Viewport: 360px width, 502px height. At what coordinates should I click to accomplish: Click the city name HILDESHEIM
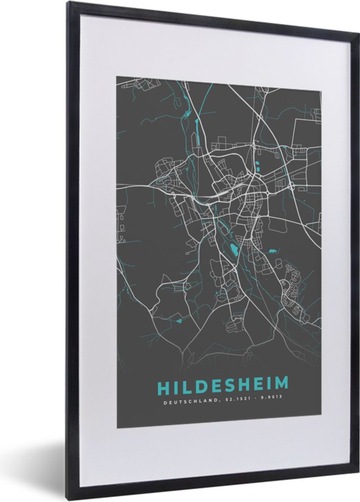pyautogui.click(x=223, y=386)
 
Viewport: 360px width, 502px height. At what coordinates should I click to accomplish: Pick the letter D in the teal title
pyautogui.click(x=201, y=386)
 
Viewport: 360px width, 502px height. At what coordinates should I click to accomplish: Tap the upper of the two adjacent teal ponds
pyautogui.click(x=257, y=163)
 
